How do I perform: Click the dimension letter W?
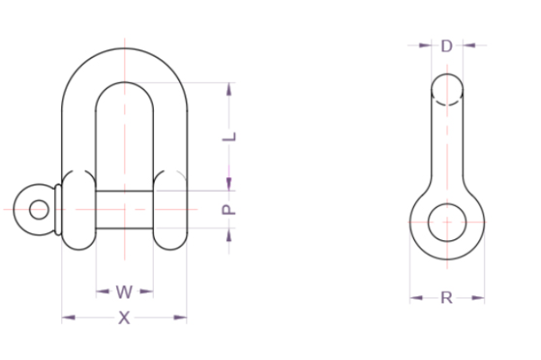[x=124, y=292]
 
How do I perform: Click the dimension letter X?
[x=124, y=318]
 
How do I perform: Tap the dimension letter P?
[x=229, y=210]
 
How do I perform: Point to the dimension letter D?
[x=446, y=46]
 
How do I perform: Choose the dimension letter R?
[x=446, y=298]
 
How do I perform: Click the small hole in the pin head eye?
[x=39, y=210]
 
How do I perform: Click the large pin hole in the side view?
[x=447, y=222]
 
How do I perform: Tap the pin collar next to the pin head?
[x=58, y=210]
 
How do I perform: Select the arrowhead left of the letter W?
[x=103, y=292]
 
